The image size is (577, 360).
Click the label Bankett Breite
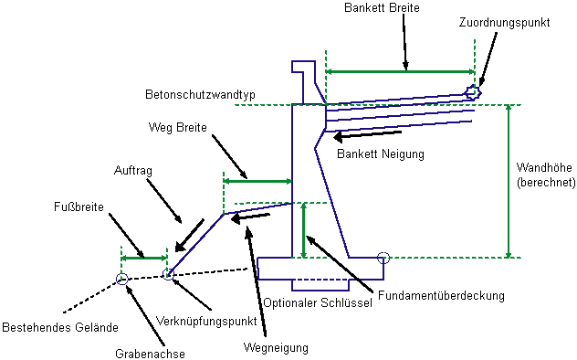pyautogui.click(x=382, y=7)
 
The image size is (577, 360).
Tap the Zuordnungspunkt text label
pyautogui.click(x=505, y=23)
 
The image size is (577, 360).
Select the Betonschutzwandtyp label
pyautogui.click(x=200, y=95)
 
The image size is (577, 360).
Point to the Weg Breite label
pyautogui.click(x=178, y=127)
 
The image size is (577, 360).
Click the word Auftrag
pyautogui.click(x=133, y=171)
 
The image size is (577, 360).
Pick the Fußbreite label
pyautogui.click(x=79, y=206)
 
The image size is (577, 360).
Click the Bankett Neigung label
pyautogui.click(x=381, y=154)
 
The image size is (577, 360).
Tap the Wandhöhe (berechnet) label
pyautogui.click(x=546, y=175)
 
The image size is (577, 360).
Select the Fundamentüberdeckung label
pyautogui.click(x=441, y=295)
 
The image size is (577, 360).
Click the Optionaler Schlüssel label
pyautogui.click(x=318, y=303)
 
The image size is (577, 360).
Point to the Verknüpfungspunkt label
pyautogui.click(x=206, y=321)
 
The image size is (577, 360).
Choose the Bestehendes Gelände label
pyautogui.click(x=60, y=327)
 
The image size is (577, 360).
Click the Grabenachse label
pyautogui.click(x=150, y=354)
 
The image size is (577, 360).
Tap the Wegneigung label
pyautogui.click(x=276, y=348)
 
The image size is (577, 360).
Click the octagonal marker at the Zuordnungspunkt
pyautogui.click(x=473, y=92)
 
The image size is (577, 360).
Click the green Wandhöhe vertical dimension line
pyautogui.click(x=509, y=181)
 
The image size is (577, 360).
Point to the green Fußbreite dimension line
pyautogui.click(x=144, y=258)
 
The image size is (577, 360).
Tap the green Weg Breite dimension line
pyautogui.click(x=257, y=181)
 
